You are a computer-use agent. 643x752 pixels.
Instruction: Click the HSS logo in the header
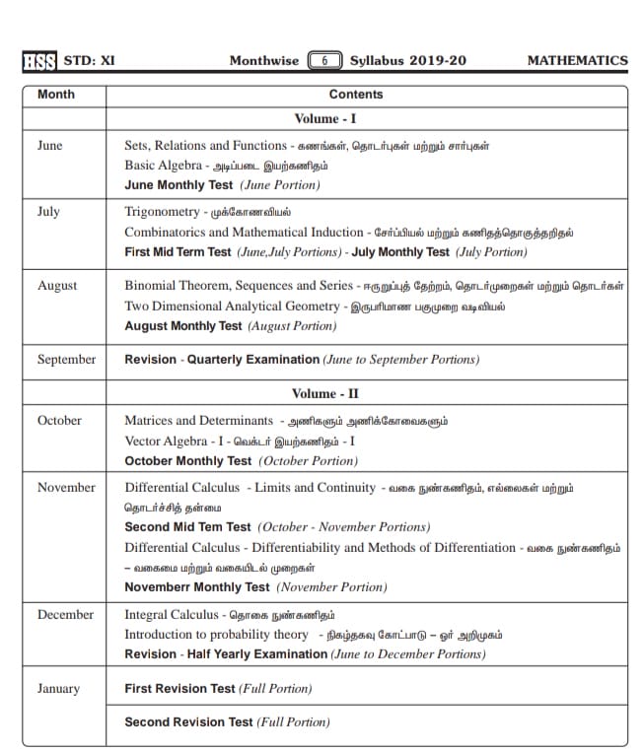click(x=38, y=60)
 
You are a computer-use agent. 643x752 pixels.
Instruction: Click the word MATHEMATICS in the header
click(x=577, y=60)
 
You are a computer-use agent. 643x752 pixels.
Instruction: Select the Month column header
click(x=55, y=95)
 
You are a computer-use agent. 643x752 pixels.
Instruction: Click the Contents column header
click(x=356, y=95)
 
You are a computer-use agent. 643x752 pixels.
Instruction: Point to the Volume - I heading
click(x=325, y=119)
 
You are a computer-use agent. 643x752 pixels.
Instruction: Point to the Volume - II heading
click(x=325, y=393)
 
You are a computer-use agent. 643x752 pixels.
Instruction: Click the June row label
click(x=49, y=145)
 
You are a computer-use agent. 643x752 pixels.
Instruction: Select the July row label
click(x=48, y=211)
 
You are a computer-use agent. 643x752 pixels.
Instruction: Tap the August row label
click(x=57, y=286)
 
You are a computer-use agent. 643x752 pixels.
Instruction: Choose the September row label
click(x=66, y=360)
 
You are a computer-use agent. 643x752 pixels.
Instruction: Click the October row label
click(x=59, y=420)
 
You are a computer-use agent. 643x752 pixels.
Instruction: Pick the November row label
click(x=66, y=487)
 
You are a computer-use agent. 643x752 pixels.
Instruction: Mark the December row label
click(x=65, y=614)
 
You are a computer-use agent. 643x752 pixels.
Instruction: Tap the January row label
click(x=58, y=689)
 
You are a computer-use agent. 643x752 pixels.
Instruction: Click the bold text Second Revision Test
click(x=188, y=722)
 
